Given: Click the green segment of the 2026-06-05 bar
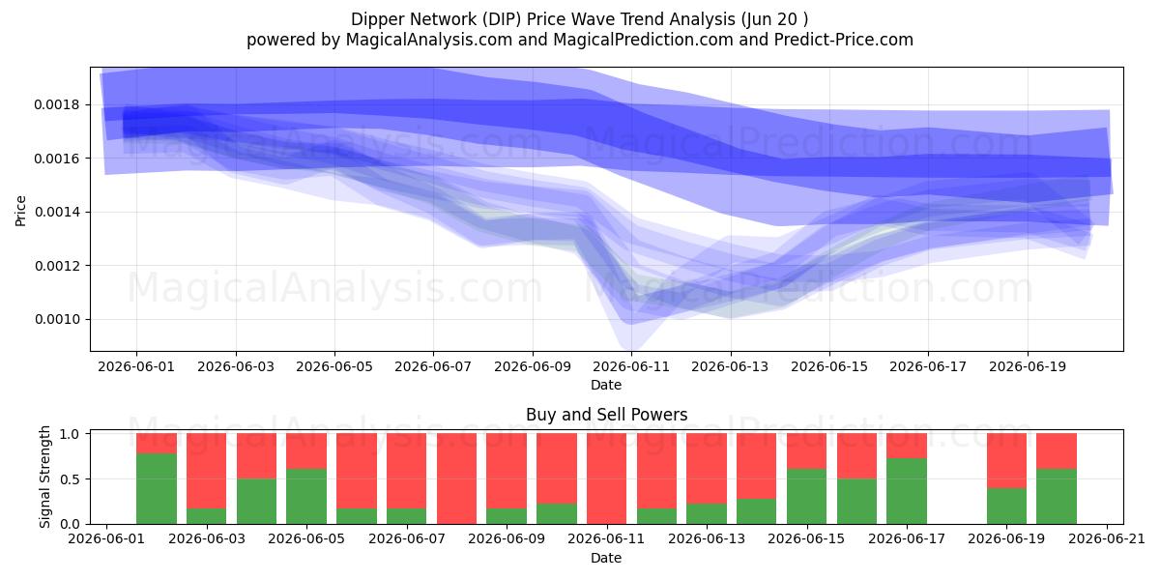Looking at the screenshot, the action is (306, 497).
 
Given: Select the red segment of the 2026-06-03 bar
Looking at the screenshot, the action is (206, 471).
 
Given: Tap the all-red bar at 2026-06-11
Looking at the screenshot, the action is (606, 478).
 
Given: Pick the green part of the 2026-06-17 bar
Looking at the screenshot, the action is (907, 491).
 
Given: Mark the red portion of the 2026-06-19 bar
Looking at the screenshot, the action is (1006, 460).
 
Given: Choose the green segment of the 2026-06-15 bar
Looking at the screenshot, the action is (806, 497).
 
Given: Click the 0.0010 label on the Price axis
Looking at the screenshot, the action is (57, 319).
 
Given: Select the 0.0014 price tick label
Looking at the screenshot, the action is (57, 212).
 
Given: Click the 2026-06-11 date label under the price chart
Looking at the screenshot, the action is (631, 366).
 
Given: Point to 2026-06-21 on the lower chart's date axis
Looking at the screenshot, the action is (1107, 539).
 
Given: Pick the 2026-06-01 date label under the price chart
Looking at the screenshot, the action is (136, 366).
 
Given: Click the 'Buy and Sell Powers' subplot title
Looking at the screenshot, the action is (606, 415).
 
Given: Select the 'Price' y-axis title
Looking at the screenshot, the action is (20, 212).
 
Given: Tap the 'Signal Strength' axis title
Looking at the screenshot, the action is (44, 477).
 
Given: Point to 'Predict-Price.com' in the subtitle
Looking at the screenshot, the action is (844, 40).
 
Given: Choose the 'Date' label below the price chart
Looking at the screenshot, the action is (606, 386).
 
